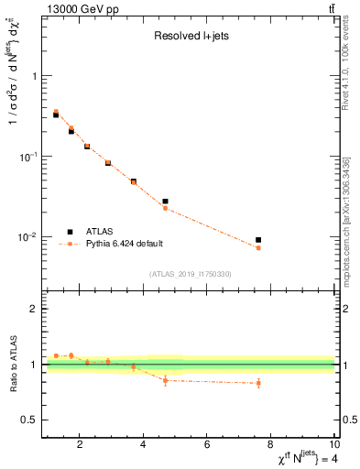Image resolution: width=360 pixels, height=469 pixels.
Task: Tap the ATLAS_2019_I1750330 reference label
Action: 190,274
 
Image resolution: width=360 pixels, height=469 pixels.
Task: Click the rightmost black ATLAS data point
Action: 258,240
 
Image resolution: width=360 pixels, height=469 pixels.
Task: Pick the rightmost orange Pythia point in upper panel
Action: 258,248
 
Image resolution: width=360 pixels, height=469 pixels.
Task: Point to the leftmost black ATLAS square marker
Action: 56,115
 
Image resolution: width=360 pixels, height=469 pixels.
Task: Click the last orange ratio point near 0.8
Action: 258,383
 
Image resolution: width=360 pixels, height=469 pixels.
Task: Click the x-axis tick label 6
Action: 207,446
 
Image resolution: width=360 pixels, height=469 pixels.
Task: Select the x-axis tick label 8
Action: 271,446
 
